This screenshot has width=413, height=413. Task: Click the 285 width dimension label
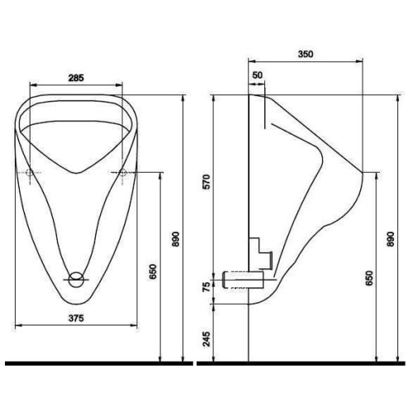(x=76, y=78)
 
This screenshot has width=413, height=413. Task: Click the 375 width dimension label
(x=76, y=318)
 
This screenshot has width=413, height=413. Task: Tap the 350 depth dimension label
(x=306, y=54)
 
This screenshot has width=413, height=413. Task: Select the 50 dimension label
(x=258, y=75)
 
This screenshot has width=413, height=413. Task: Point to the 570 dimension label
(x=206, y=182)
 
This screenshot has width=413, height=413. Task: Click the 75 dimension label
(x=206, y=287)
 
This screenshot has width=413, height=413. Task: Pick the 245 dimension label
(x=206, y=339)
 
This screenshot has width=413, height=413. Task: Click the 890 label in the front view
(x=175, y=240)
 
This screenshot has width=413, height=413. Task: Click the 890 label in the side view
(x=391, y=240)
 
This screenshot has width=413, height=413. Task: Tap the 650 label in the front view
(x=153, y=272)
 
